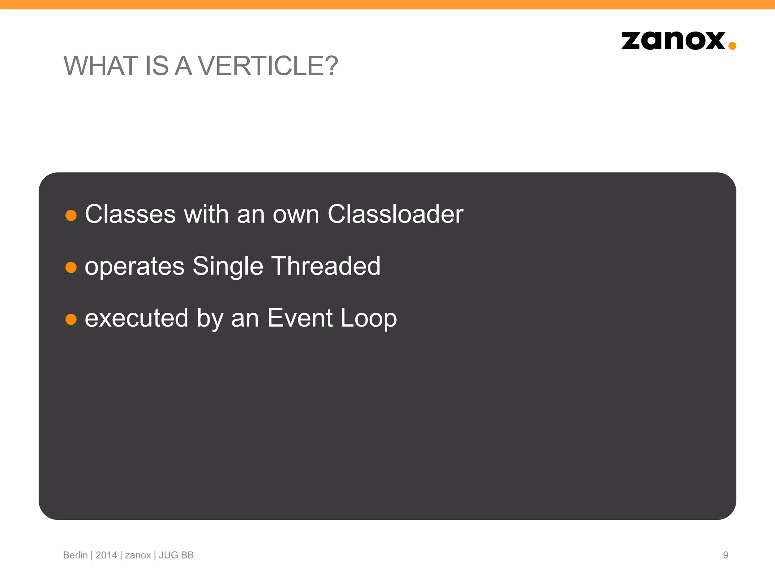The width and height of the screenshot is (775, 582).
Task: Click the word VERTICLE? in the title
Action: pyautogui.click(x=268, y=66)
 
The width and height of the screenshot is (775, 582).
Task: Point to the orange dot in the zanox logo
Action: pyautogui.click(x=732, y=46)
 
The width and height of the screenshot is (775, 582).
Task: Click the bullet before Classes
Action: pyautogui.click(x=71, y=216)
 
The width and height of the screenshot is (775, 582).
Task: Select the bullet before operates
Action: pyautogui.click(x=71, y=268)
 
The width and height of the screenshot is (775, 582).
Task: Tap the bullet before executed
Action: pyautogui.click(x=71, y=319)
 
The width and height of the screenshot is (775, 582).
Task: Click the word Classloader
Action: pyautogui.click(x=395, y=214)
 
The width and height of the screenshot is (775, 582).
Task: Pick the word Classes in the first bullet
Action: pyautogui.click(x=130, y=214)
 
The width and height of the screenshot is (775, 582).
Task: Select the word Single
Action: pyautogui.click(x=228, y=267)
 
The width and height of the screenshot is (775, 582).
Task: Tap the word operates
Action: pyautogui.click(x=134, y=267)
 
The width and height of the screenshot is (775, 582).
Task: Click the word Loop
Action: pyautogui.click(x=368, y=318)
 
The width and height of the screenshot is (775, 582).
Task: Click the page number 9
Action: pyautogui.click(x=725, y=555)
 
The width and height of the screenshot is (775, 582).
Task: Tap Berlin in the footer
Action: pyautogui.click(x=75, y=555)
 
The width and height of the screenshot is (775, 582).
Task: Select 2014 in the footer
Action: pyautogui.click(x=106, y=555)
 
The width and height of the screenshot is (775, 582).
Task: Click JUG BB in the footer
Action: pyautogui.click(x=176, y=555)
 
